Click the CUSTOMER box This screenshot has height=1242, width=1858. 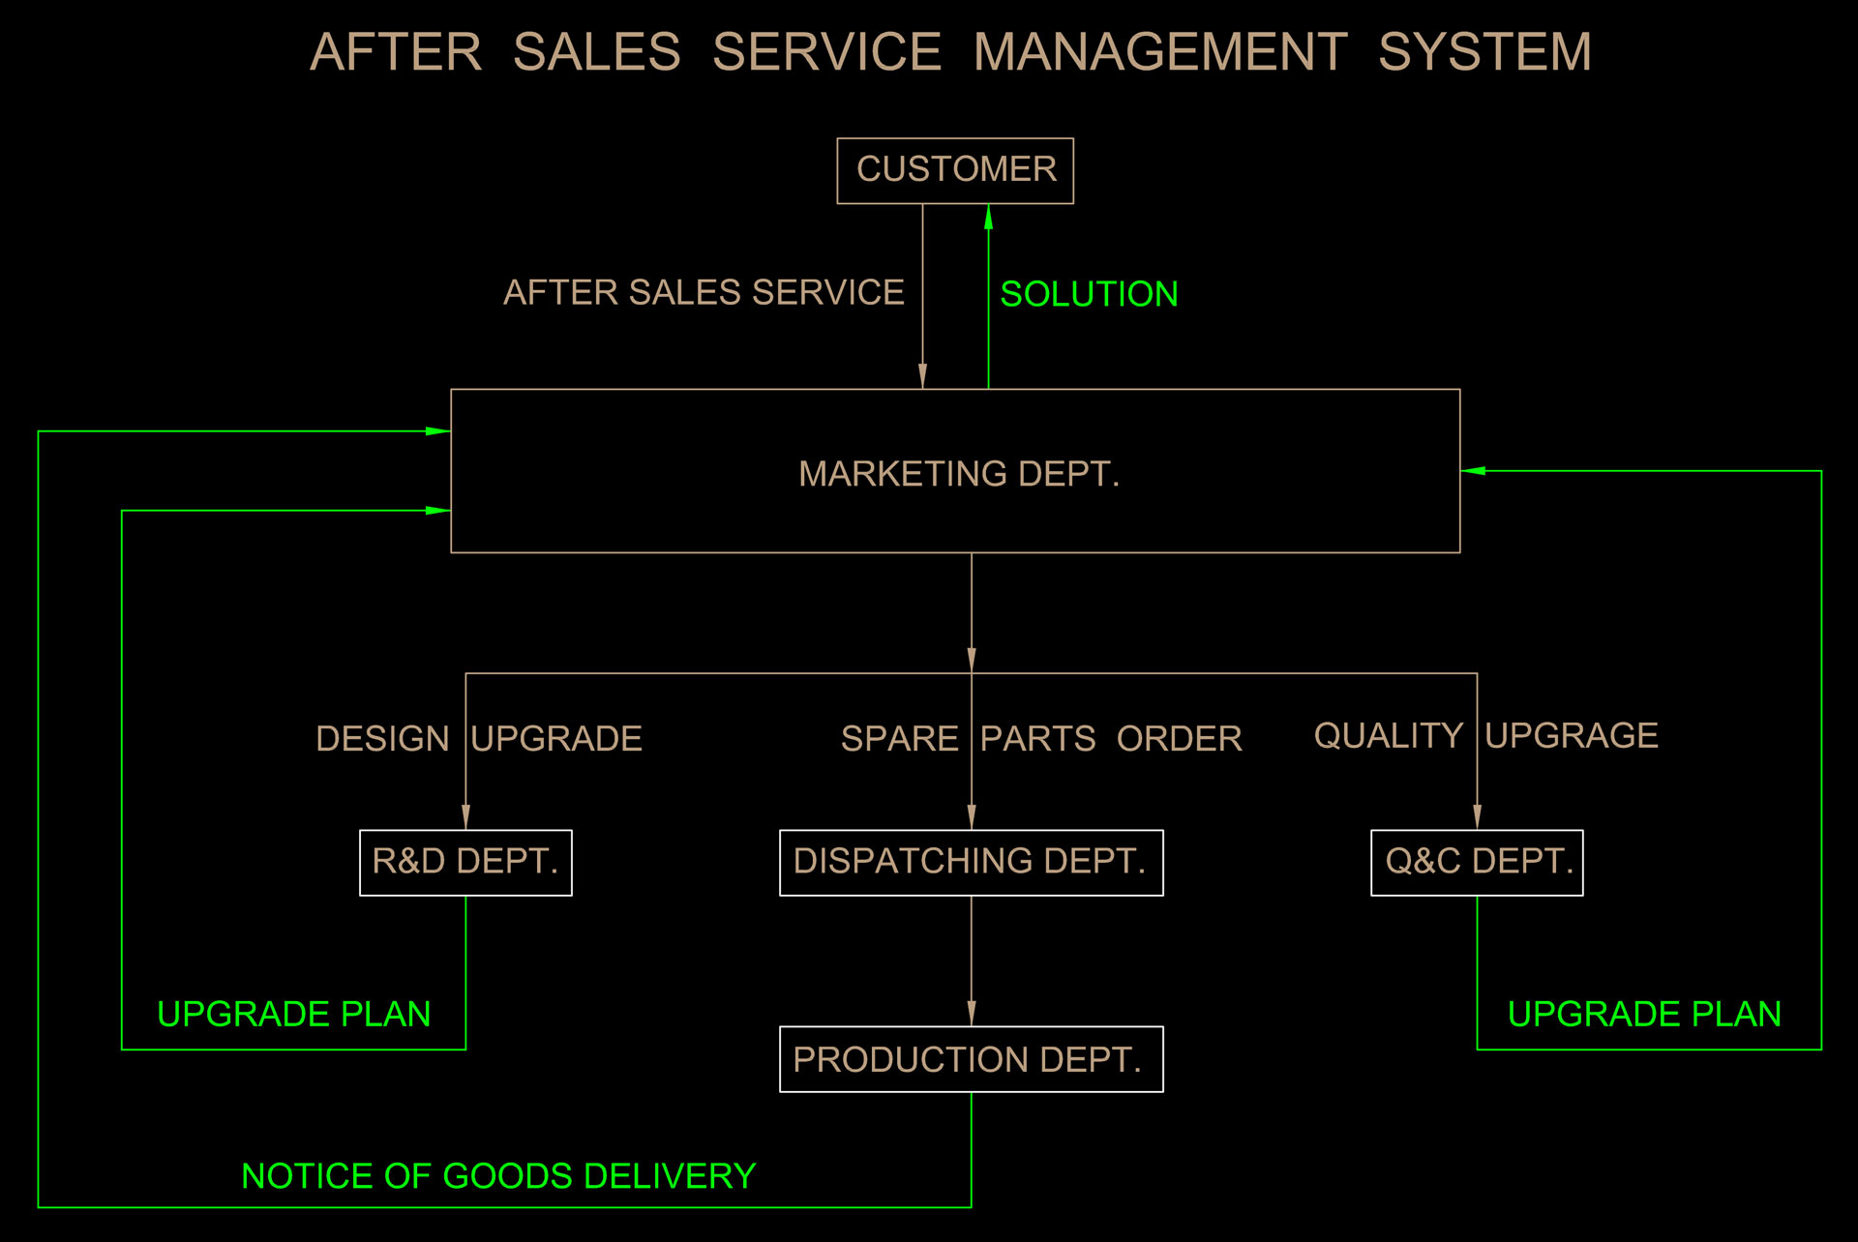(x=954, y=170)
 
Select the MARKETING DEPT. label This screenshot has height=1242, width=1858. (x=958, y=474)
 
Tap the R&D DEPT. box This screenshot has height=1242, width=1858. (x=465, y=862)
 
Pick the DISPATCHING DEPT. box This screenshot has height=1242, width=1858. (x=971, y=862)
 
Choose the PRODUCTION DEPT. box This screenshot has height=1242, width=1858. (x=971, y=1059)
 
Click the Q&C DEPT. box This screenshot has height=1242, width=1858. (x=1477, y=862)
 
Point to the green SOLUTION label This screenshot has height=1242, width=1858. (x=1089, y=294)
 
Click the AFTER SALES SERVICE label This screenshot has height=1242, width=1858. (x=704, y=292)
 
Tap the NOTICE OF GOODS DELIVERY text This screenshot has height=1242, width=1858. (x=498, y=1176)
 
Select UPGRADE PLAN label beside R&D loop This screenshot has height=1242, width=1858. (x=293, y=1014)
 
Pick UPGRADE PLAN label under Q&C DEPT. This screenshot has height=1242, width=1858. (x=1644, y=1014)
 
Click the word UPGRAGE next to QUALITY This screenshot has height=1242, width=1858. (x=1572, y=736)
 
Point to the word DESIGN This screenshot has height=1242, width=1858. (x=382, y=739)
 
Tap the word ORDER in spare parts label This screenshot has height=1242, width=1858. (x=1179, y=739)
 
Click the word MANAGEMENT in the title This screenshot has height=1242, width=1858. (x=1159, y=52)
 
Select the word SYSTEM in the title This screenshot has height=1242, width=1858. (x=1484, y=52)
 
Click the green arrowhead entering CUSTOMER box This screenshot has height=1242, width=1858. (x=988, y=217)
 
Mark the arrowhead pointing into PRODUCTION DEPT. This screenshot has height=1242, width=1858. (x=971, y=1014)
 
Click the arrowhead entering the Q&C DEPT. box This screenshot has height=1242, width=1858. (x=1477, y=817)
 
